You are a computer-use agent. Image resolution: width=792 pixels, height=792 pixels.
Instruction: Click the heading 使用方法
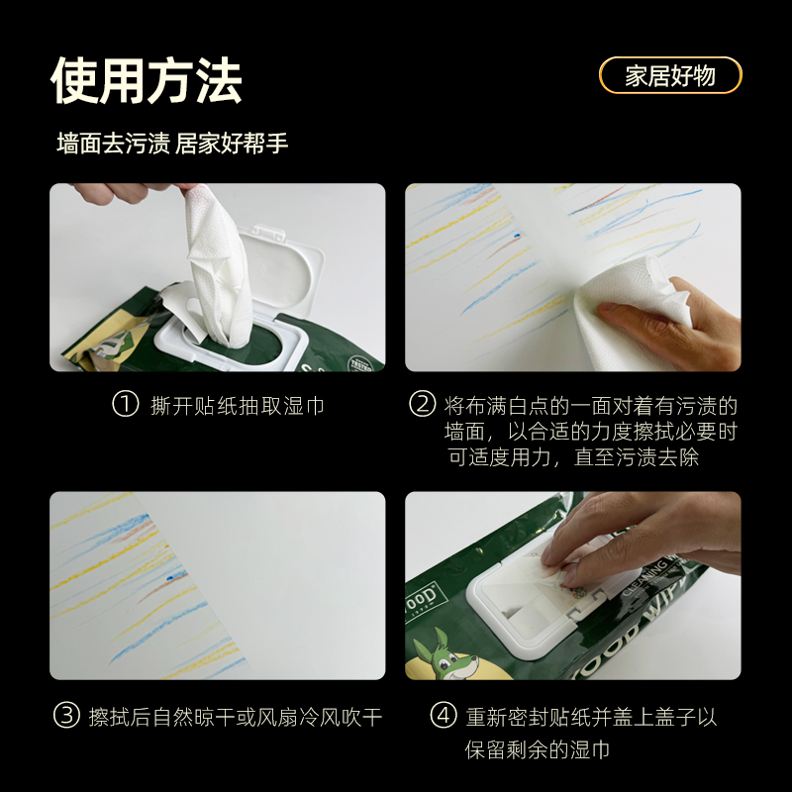[x=147, y=80]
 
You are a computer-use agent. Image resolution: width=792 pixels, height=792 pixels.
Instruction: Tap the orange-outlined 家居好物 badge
[x=670, y=76]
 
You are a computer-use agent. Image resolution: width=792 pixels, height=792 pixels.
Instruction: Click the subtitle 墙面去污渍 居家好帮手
[x=172, y=144]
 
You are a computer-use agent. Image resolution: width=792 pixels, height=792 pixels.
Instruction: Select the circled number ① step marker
[x=125, y=405]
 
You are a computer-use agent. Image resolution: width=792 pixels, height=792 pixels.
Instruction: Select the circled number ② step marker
[x=423, y=405]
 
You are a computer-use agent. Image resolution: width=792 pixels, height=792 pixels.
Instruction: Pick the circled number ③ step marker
[x=65, y=716]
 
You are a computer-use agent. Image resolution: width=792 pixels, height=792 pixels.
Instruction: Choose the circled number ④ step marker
[x=443, y=716]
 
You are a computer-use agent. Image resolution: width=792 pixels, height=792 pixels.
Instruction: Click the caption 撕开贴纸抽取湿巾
[x=238, y=406]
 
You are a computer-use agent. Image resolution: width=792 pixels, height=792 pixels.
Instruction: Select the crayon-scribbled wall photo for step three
[x=218, y=585]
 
